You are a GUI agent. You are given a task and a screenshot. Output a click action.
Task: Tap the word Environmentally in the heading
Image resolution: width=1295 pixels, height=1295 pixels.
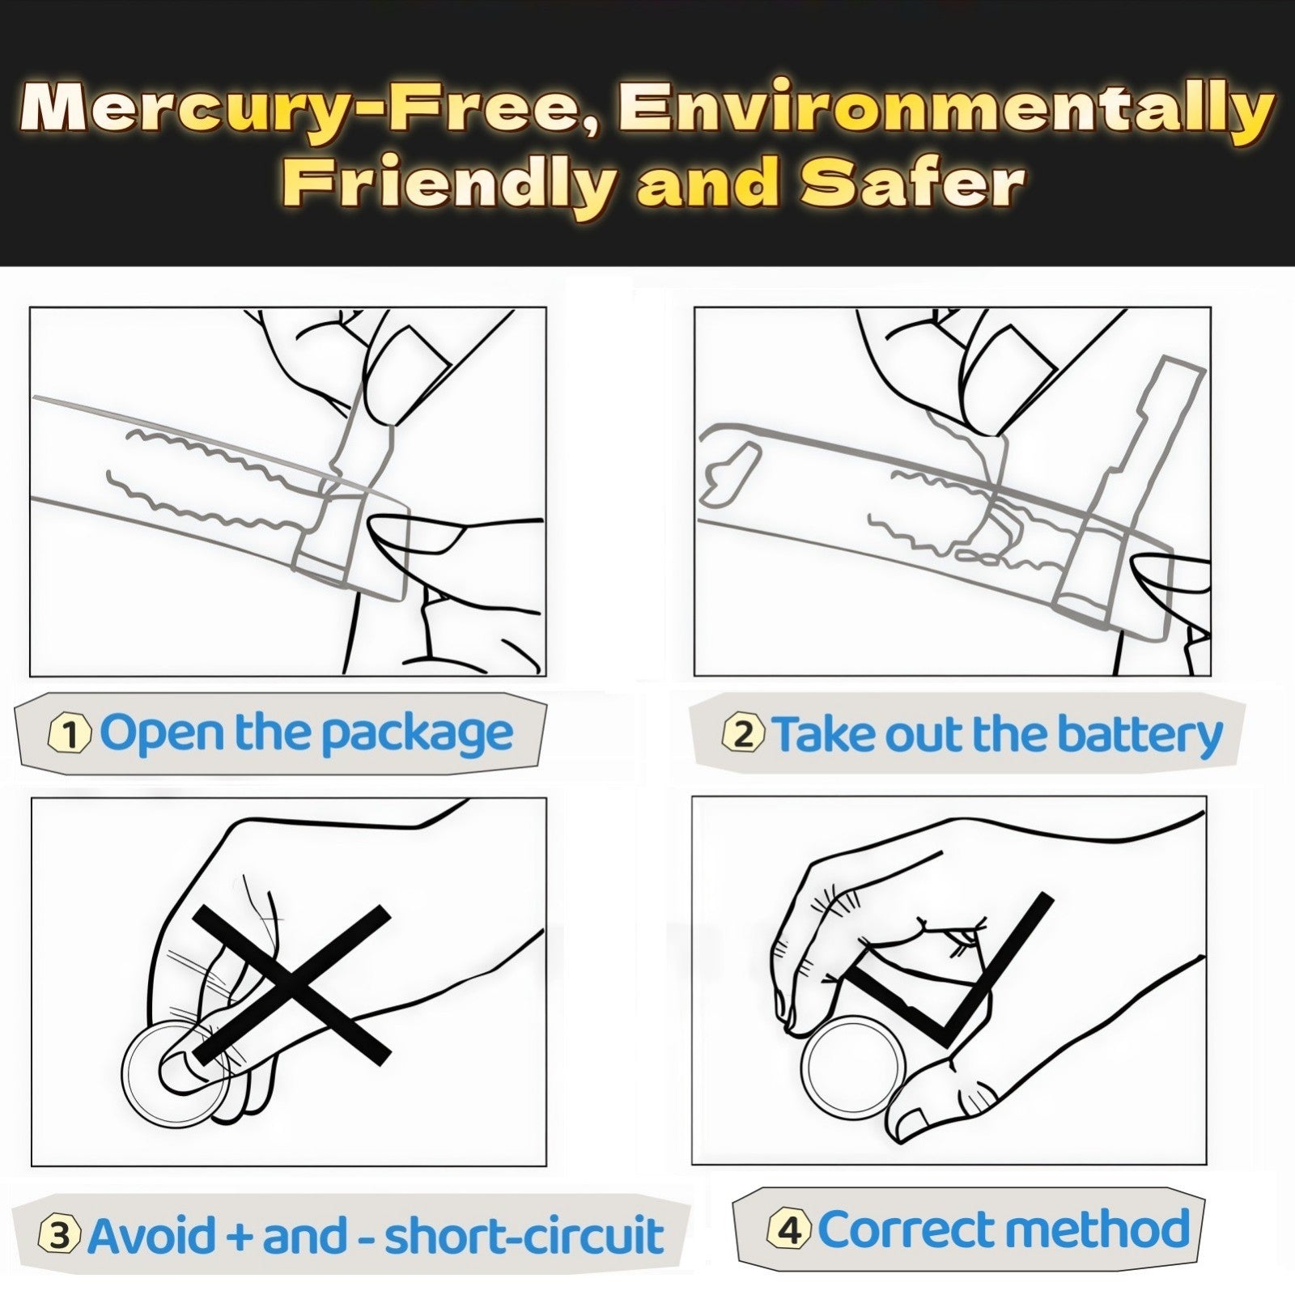[x=945, y=109]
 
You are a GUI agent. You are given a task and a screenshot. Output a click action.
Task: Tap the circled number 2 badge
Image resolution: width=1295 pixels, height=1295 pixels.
[x=743, y=734]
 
